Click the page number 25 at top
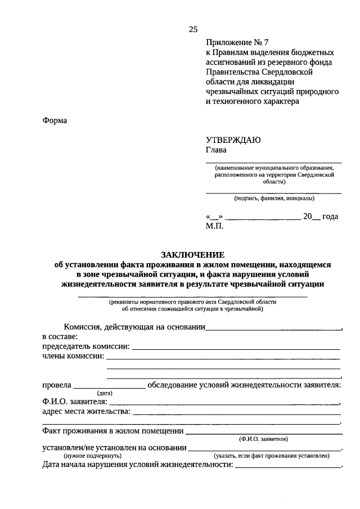193,29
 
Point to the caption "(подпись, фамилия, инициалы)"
274,198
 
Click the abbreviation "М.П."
215,226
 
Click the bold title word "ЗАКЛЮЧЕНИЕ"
193,254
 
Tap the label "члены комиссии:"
73,357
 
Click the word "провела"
56,385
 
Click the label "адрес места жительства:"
85,412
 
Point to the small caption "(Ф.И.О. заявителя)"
263,438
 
